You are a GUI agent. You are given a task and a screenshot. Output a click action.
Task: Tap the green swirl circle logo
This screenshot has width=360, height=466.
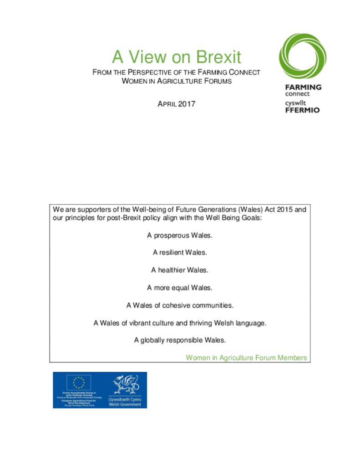tap(302, 56)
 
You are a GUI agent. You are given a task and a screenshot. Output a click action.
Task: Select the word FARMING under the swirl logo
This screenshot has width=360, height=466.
tap(303, 87)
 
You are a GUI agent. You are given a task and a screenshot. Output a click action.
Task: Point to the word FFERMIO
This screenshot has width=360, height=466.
tap(302, 110)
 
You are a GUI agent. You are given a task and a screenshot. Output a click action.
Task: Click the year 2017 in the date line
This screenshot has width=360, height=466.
tap(187, 104)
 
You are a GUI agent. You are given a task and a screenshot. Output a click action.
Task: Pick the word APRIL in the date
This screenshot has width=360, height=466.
tap(167, 104)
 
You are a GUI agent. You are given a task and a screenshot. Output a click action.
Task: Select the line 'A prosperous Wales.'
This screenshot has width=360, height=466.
tap(180, 236)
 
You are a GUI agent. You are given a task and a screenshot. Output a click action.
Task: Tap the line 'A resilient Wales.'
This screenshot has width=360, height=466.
tap(180, 253)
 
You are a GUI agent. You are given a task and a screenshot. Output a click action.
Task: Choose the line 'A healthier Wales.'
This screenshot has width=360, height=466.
tap(180, 270)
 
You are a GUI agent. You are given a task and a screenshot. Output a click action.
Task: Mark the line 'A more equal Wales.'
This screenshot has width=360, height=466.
tap(180, 288)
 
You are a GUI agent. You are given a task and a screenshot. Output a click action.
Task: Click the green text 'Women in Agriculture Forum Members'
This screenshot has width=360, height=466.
tap(246, 358)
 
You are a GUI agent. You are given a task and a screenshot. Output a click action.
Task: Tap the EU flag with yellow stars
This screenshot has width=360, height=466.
tap(79, 382)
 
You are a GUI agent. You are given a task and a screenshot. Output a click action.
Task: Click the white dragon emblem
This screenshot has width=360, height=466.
tap(125, 384)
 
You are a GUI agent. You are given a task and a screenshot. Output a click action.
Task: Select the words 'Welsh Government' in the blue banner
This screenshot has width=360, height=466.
tap(125, 404)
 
